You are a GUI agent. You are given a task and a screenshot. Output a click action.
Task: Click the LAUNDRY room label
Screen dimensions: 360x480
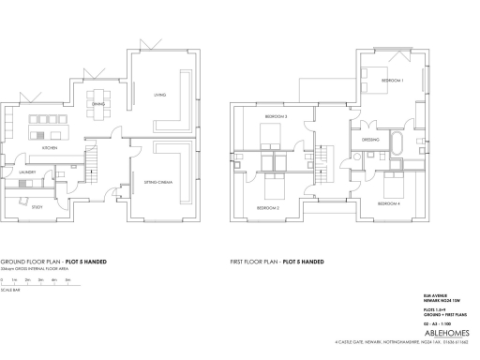(25, 172)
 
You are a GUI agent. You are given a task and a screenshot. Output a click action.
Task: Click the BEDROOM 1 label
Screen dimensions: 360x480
(392, 82)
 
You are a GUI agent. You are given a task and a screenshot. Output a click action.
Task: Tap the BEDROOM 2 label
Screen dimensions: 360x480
(268, 207)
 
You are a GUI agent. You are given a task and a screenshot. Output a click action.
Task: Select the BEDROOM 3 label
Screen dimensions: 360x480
(276, 116)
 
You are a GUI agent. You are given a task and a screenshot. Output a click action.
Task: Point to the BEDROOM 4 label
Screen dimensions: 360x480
(388, 203)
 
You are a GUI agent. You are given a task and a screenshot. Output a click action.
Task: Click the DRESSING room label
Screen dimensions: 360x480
(369, 139)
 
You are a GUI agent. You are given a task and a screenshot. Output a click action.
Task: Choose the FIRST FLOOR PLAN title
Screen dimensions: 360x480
(277, 262)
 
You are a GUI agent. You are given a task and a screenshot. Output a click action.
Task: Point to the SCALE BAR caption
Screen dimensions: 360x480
(11, 290)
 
